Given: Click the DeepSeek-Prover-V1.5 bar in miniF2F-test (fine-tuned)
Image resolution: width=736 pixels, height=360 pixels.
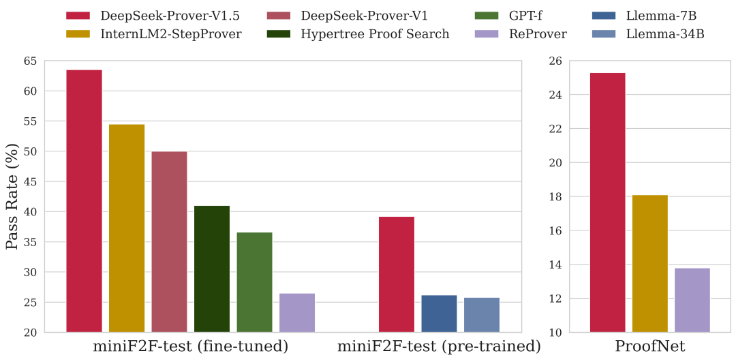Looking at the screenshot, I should (x=84, y=201).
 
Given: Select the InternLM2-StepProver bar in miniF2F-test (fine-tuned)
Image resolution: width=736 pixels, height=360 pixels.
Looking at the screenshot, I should (x=127, y=228).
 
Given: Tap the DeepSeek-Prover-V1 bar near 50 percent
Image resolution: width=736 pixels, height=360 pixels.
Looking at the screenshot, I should (x=169, y=242).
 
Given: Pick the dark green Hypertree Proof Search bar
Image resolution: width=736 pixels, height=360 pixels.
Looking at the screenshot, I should (x=212, y=269).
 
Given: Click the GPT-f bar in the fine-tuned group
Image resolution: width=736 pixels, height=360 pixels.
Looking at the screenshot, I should (x=254, y=282).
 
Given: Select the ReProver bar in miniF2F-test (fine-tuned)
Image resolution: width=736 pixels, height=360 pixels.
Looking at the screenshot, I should (x=297, y=313).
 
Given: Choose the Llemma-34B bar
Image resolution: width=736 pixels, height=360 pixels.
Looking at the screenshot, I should (x=482, y=315).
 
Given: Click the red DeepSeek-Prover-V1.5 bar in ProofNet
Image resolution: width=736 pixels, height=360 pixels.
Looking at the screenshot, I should (x=607, y=202).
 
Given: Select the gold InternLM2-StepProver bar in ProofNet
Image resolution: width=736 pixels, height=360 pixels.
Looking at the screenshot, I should (x=650, y=264).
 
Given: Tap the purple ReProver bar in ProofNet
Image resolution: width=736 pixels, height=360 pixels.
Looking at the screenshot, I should (x=692, y=300).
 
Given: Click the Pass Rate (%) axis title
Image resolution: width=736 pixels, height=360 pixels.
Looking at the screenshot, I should (x=12, y=196).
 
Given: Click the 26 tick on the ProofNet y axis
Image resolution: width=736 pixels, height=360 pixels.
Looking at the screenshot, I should (x=555, y=61).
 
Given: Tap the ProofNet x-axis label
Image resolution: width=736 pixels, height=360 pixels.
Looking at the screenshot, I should (x=649, y=347).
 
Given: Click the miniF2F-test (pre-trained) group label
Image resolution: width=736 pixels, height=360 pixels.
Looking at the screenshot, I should (x=439, y=347).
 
